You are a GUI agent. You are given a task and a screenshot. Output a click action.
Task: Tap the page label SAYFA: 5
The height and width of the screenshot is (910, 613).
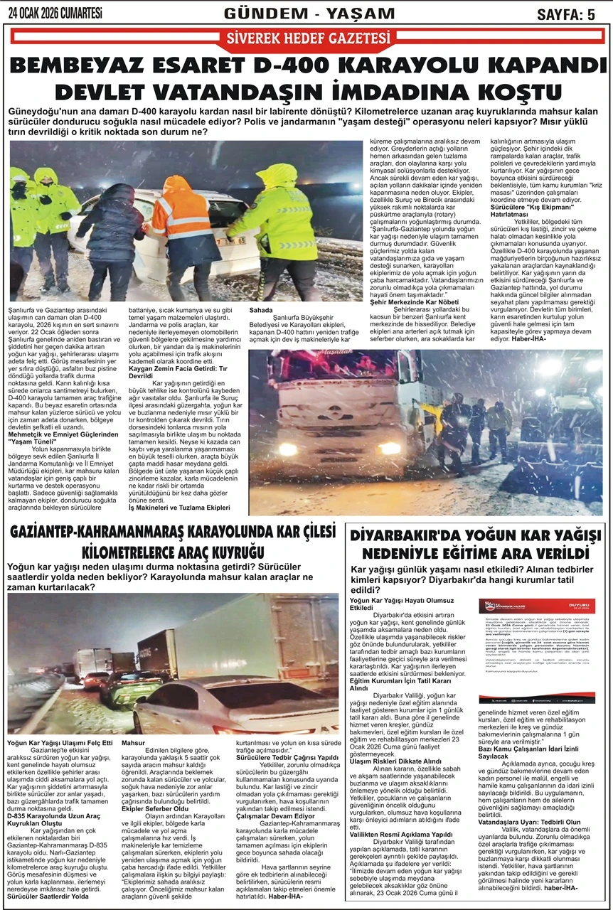click(x=566, y=14)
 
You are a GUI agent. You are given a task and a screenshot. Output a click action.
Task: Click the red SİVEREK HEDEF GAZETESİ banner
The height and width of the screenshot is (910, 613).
click(x=306, y=39)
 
